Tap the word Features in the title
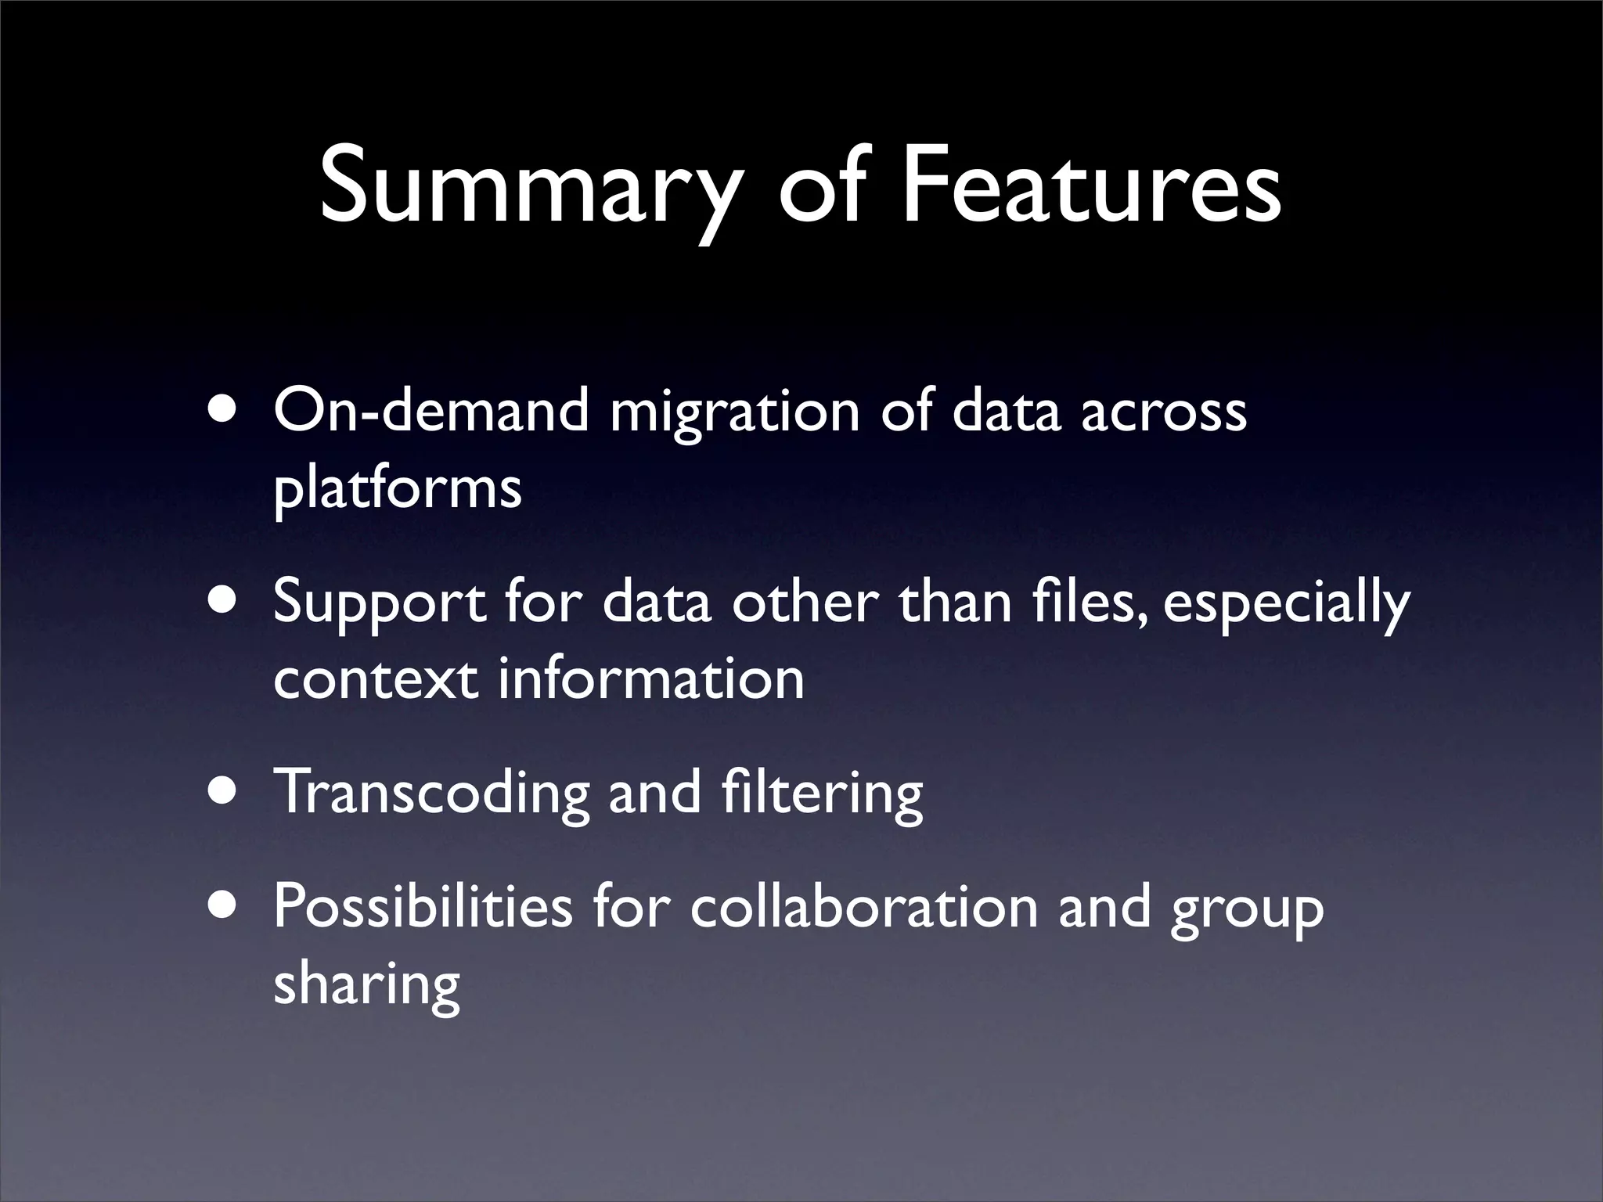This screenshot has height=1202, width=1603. tap(1091, 188)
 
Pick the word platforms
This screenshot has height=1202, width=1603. tap(397, 490)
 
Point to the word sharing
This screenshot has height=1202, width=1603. tap(366, 984)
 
